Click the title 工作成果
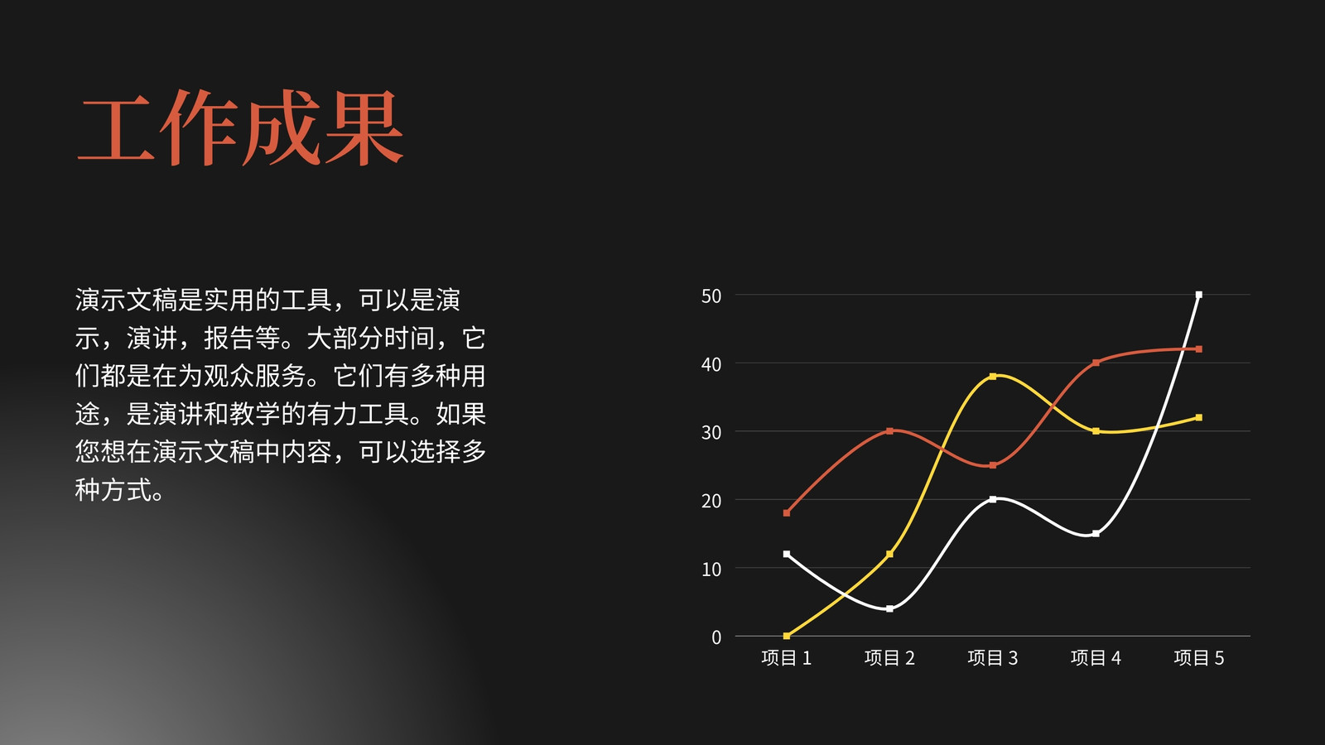point(240,127)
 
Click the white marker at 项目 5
point(1199,295)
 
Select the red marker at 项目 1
point(786,512)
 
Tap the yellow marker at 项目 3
point(993,376)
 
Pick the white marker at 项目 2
point(889,608)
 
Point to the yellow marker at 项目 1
point(786,636)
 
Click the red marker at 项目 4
point(1096,363)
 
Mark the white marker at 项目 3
point(993,499)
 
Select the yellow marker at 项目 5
point(1199,417)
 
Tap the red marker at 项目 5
point(1199,348)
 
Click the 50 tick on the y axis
point(711,296)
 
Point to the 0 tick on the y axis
point(716,637)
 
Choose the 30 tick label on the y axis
point(711,432)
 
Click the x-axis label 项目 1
point(786,657)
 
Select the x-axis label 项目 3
point(993,657)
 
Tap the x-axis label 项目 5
point(1199,657)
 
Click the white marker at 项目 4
point(1096,533)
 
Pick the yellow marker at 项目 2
point(889,554)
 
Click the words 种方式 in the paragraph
point(113,489)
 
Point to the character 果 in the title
point(364,127)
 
